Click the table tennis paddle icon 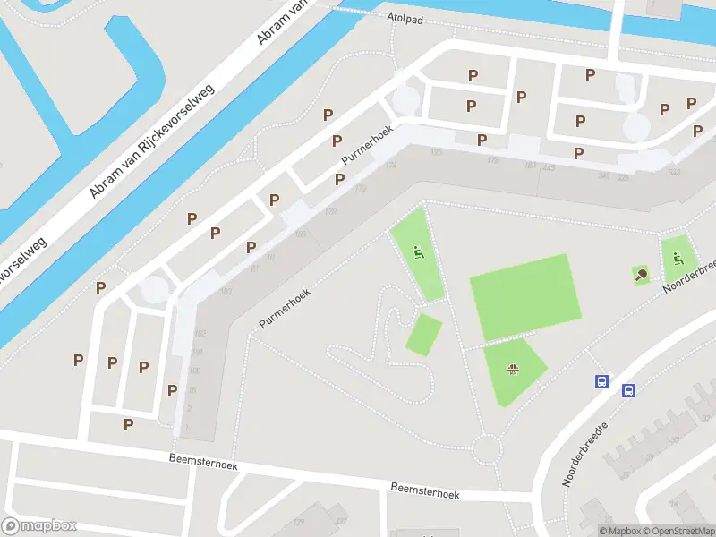point(641,275)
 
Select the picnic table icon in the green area point(514,368)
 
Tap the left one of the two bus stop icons point(602,381)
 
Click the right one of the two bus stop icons point(628,390)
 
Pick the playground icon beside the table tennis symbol point(678,260)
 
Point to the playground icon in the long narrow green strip point(417,252)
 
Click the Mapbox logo point(39,526)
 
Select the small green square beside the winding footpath point(424,334)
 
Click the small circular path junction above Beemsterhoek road point(486,447)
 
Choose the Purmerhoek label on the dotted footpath point(284,307)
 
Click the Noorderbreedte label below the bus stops point(586,454)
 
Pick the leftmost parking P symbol point(79,361)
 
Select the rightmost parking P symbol point(697,132)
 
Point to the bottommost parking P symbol point(128,424)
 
